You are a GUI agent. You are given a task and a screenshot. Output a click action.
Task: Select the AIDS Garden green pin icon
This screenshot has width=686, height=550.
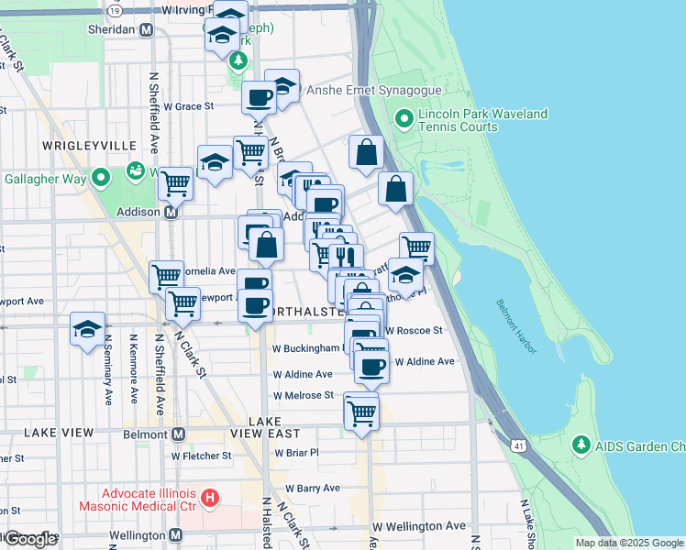click(581, 445)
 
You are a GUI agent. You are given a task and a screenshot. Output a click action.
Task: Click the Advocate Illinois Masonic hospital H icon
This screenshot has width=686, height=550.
click(210, 499)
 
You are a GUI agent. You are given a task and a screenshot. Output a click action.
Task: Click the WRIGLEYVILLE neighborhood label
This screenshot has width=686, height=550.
click(88, 146)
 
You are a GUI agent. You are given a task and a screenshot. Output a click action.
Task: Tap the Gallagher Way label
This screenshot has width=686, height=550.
click(42, 176)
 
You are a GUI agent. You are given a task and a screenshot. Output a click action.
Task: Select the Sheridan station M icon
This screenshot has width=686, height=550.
click(146, 29)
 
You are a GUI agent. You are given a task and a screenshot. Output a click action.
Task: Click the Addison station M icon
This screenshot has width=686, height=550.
click(171, 212)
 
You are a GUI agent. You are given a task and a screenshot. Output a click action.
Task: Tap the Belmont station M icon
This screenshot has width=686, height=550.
click(178, 434)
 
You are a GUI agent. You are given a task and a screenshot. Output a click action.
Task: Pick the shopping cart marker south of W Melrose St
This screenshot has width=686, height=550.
click(361, 412)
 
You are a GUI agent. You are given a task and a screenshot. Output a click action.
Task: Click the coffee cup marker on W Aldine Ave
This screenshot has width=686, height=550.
click(371, 368)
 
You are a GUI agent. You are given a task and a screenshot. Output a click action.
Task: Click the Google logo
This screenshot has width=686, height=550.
click(30, 539)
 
